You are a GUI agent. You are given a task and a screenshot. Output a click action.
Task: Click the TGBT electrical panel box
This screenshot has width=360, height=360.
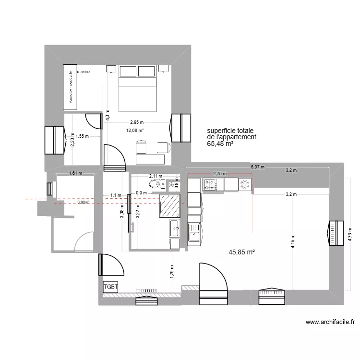pyautogui.click(x=110, y=287)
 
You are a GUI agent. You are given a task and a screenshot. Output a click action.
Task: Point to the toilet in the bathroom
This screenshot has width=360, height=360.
pyautogui.click(x=155, y=184)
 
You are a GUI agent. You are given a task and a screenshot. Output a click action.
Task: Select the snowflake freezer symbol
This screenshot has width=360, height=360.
pyautogui.click(x=244, y=184)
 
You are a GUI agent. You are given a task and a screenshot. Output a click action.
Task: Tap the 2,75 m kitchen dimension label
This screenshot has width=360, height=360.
pyautogui.click(x=219, y=174)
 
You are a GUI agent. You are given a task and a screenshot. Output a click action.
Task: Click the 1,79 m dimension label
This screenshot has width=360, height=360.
pyautogui.click(x=172, y=272)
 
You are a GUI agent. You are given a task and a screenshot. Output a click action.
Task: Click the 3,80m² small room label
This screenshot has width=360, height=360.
pyautogui.click(x=84, y=203)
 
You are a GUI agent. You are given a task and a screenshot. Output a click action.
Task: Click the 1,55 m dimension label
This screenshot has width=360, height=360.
pyautogui.click(x=82, y=136)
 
